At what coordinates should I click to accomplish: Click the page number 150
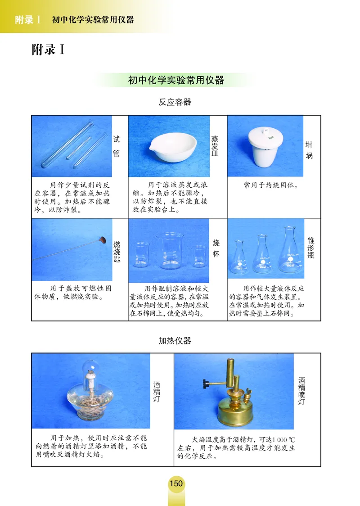176,483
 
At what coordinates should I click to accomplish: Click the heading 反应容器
175,102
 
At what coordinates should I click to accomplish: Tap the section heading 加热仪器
175,340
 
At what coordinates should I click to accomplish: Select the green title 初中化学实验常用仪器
176,81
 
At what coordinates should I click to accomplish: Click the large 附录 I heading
48,49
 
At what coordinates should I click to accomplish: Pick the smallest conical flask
239,258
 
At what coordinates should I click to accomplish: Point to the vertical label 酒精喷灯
301,391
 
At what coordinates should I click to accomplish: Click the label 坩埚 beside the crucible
309,150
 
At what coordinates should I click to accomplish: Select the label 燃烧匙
117,252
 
